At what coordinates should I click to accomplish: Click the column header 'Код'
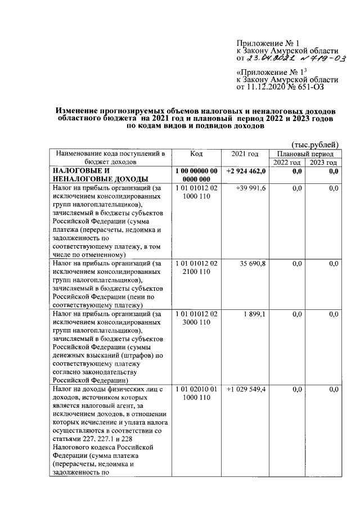pyautogui.click(x=196, y=154)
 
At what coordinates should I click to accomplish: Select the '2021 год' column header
pyautogui.click(x=245, y=154)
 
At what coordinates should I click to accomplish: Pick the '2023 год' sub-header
pyautogui.click(x=323, y=163)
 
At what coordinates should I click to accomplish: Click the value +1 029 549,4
pyautogui.click(x=246, y=389)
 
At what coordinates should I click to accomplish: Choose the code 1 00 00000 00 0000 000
pyautogui.click(x=196, y=175)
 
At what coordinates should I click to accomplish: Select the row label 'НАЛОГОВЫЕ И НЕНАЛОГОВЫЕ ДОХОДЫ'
pyautogui.click(x=92, y=175)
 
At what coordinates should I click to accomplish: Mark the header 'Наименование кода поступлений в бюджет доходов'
pyautogui.click(x=109, y=157)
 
